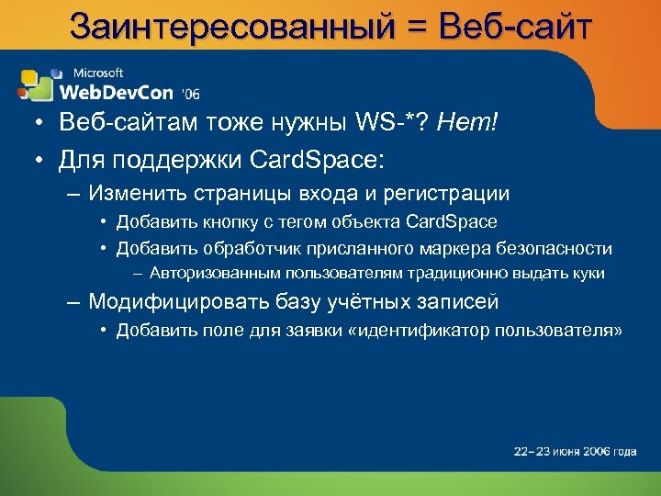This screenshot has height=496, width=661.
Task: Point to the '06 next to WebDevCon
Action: (x=191, y=93)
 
